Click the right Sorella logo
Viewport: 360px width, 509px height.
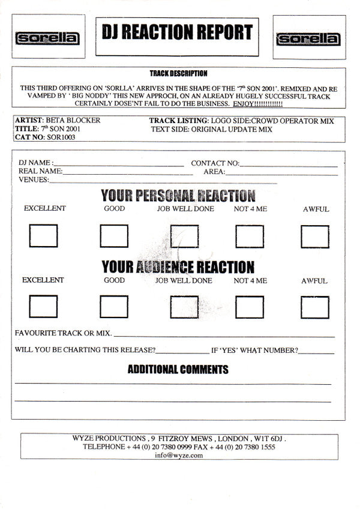[308, 39]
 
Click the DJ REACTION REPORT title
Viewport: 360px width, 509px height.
[176, 32]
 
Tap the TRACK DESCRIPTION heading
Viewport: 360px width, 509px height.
[178, 73]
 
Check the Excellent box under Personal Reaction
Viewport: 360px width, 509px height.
[43, 236]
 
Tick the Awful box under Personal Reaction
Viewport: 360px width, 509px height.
[315, 236]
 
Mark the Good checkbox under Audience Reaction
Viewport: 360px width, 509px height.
[114, 307]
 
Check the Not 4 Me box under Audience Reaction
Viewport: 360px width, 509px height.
[250, 307]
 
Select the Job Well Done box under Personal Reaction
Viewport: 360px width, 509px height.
[184, 236]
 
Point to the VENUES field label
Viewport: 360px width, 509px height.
[34, 180]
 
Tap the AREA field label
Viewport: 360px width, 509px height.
[214, 172]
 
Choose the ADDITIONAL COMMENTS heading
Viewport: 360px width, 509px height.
[178, 369]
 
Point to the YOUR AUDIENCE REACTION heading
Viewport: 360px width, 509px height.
[178, 267]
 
